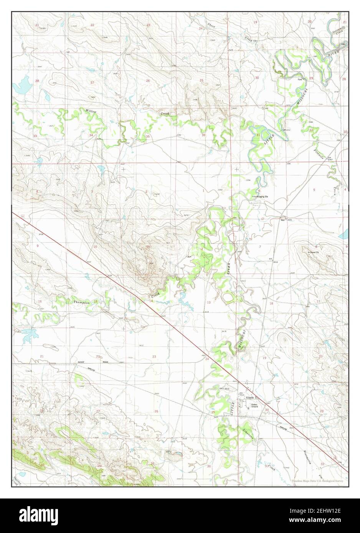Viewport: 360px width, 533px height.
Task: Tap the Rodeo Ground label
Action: pyautogui.click(x=254, y=405)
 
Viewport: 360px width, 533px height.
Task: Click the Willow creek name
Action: pyautogui.click(x=91, y=111)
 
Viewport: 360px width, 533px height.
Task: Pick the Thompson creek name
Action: pyautogui.click(x=81, y=302)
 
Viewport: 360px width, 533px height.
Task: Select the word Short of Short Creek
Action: pyautogui.click(x=211, y=25)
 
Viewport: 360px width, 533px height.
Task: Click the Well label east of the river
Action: pyautogui.click(x=283, y=220)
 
